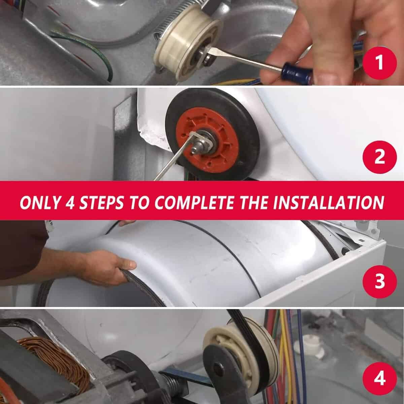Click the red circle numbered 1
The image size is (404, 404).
coord(380,63)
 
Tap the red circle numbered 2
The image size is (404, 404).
coord(380,157)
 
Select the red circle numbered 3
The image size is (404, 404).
coord(380,281)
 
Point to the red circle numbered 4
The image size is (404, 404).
coord(380,379)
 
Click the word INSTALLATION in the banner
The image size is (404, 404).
coord(329,203)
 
